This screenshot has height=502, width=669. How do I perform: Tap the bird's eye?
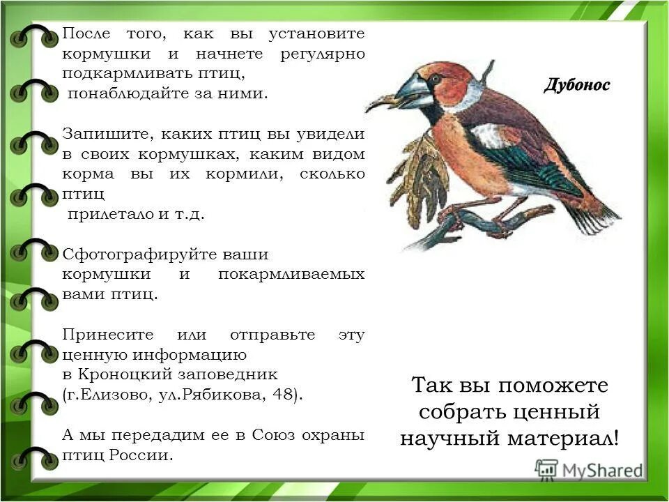pos(435,79)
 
